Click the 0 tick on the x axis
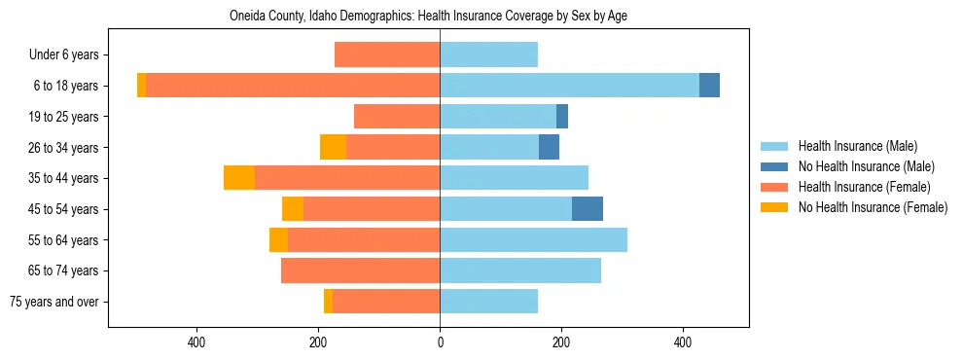point(440,342)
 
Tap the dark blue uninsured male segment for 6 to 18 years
point(709,86)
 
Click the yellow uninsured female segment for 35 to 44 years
point(239,178)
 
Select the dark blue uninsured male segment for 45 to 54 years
point(588,209)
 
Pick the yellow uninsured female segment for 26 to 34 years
point(333,147)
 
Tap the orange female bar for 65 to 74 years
point(360,270)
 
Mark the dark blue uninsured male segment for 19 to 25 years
point(562,117)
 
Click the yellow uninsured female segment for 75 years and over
point(329,302)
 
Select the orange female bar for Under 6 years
point(387,55)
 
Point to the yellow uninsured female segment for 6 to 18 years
point(142,86)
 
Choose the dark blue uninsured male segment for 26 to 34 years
point(549,147)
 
